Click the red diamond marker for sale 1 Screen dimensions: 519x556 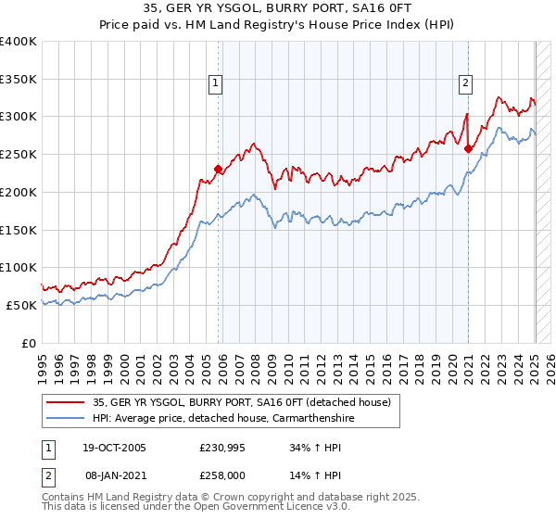tap(219, 169)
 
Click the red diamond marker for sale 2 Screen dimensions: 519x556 tap(468, 148)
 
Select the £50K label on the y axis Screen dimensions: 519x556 tap(21, 305)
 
